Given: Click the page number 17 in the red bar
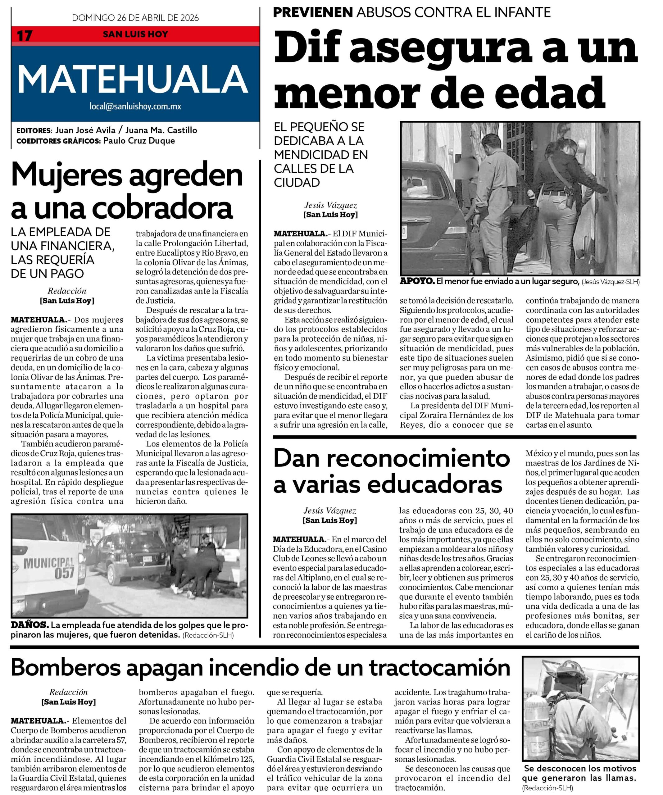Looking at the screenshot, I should (25, 36).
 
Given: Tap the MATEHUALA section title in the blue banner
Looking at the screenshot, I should (133, 79).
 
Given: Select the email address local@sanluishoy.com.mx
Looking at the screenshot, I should (135, 107).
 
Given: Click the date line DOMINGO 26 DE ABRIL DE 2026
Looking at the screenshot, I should (135, 18).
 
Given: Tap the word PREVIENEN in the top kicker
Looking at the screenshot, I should (313, 12).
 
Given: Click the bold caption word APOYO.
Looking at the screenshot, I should (417, 281).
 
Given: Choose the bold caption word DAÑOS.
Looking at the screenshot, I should (30, 625).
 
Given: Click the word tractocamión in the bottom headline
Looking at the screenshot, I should (439, 668).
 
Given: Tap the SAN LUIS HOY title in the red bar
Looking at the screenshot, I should (135, 34).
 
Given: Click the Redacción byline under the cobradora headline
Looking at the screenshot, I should (67, 291).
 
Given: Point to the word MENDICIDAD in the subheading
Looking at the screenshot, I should (321, 155).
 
